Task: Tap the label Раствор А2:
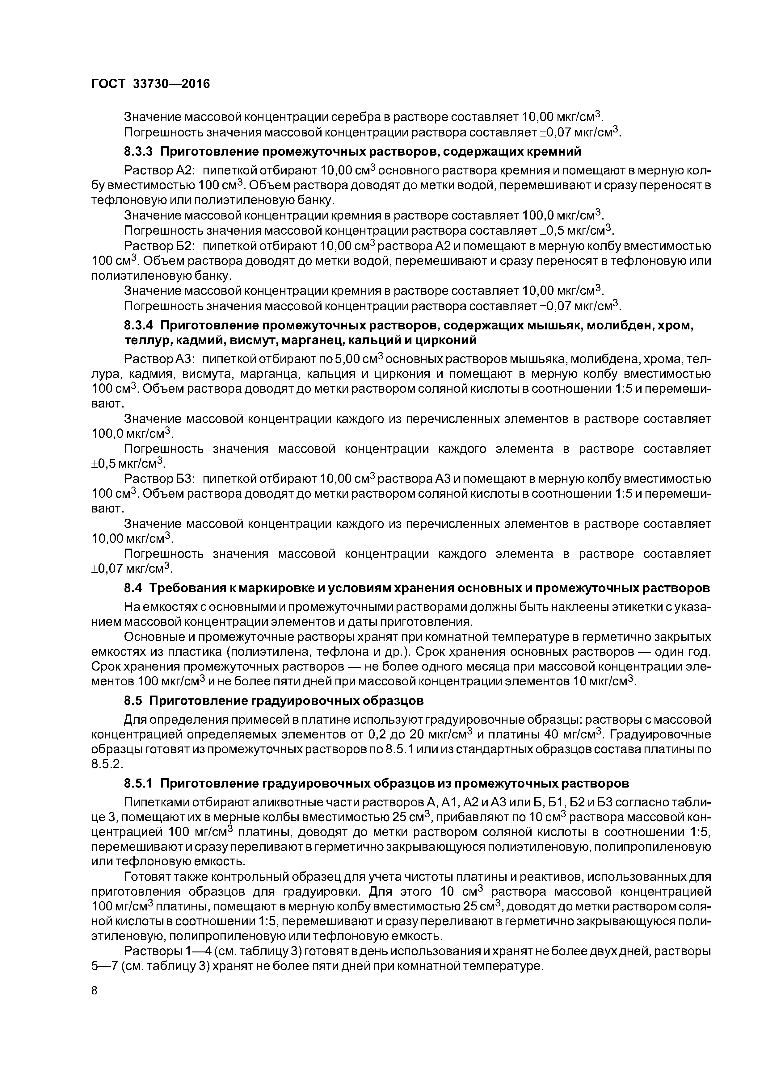click(156, 170)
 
